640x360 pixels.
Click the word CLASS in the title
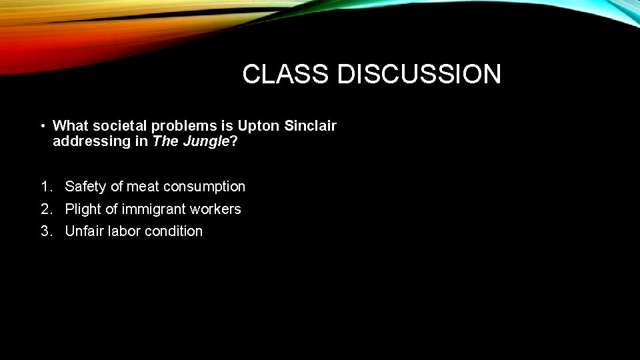285,74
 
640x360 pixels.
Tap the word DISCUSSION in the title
419,74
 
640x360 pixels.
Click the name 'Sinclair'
311,125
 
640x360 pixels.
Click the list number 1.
45,187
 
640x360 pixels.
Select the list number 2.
45,209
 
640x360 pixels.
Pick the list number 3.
45,231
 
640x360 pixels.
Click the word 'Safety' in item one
85,187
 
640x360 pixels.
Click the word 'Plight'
83,209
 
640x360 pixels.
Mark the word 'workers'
215,209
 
